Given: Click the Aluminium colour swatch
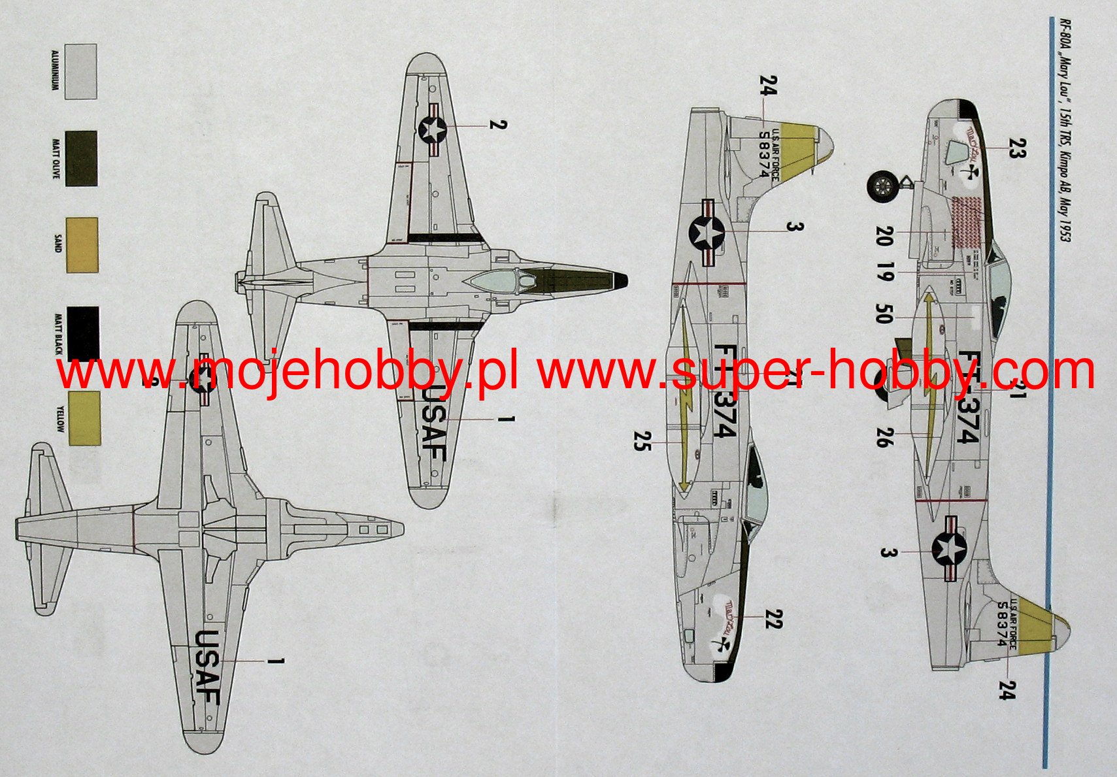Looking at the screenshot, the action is pyautogui.click(x=80, y=71).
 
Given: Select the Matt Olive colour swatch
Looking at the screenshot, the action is pyautogui.click(x=81, y=158).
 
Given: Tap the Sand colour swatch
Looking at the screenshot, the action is pyautogui.click(x=82, y=245).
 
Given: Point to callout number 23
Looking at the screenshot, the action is pyautogui.click(x=1014, y=148).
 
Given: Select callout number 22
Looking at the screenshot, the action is pyautogui.click(x=773, y=618).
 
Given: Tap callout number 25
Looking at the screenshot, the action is pyautogui.click(x=641, y=441).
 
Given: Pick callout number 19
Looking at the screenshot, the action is pyautogui.click(x=884, y=272).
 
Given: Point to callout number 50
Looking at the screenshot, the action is pyautogui.click(x=882, y=314).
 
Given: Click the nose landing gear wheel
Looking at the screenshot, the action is pyautogui.click(x=883, y=186).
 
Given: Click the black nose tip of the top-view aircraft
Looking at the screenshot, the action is pyautogui.click(x=620, y=280).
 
